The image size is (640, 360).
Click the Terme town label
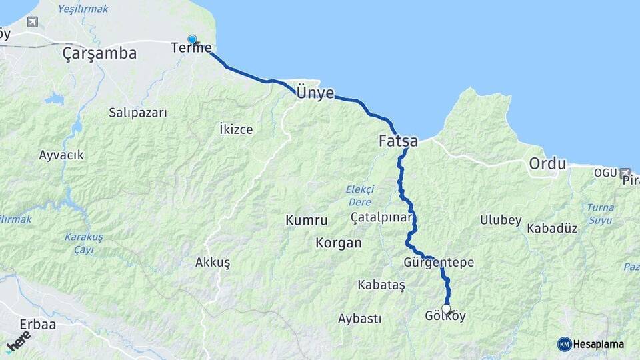click(191, 48)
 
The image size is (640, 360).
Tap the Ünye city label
click(315, 93)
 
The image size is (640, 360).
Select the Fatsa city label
click(398, 141)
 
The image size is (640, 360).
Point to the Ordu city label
click(547, 163)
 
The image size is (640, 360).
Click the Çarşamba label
click(99, 53)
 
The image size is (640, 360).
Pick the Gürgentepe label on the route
click(438, 263)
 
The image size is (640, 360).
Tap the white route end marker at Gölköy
click(447, 309)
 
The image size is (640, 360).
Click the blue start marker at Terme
click(192, 40)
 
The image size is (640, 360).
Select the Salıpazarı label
click(137, 113)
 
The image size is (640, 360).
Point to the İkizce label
click(236, 129)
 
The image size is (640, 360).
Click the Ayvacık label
click(61, 155)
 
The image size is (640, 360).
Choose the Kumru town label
click(307, 220)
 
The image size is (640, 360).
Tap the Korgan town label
click(339, 243)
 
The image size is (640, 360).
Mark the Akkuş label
click(213, 263)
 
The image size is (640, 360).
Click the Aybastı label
click(359, 318)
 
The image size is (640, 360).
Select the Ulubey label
click(501, 220)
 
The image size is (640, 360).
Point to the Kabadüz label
click(552, 228)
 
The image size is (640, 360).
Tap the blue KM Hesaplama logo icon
click(565, 344)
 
